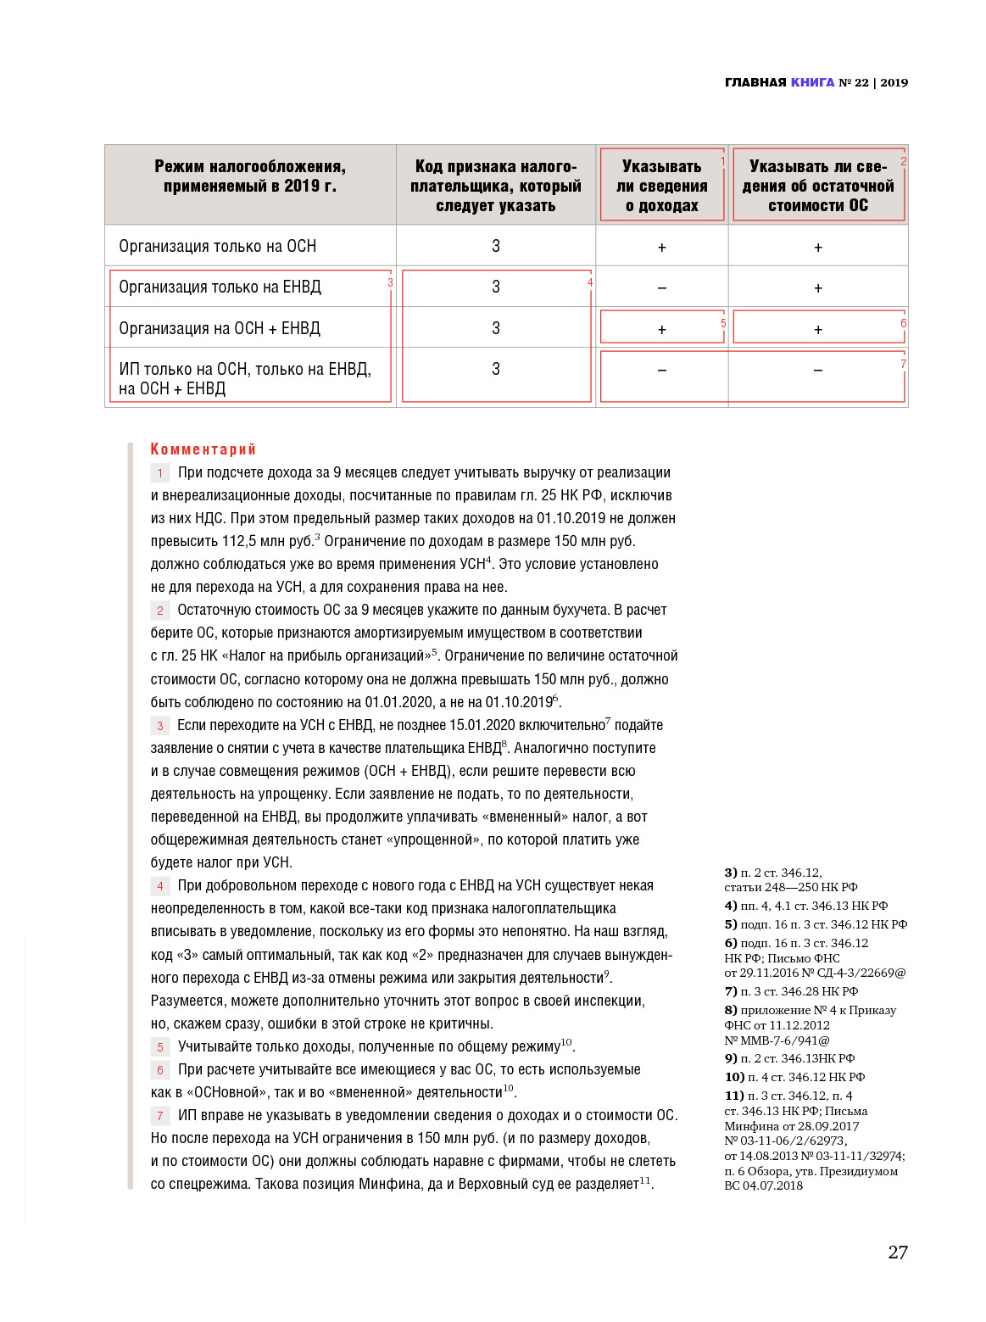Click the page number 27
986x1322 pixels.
click(897, 1252)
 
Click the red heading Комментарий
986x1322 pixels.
click(203, 449)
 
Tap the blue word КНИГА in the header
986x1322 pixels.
click(812, 82)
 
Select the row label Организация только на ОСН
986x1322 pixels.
click(217, 246)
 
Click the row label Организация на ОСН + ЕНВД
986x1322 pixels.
click(220, 328)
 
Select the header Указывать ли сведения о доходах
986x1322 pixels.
click(661, 186)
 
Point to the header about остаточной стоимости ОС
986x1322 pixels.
click(817, 186)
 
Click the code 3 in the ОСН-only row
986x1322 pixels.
click(496, 246)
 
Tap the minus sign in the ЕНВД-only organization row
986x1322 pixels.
click(661, 288)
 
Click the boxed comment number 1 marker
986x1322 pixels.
click(159, 473)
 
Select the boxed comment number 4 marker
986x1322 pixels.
click(159, 886)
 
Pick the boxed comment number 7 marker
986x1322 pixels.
click(159, 1116)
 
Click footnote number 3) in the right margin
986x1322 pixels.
click(730, 873)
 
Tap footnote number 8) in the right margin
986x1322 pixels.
click(730, 1010)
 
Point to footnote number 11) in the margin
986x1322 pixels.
click(733, 1096)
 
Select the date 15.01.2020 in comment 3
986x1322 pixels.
click(482, 725)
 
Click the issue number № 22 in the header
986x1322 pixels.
click(854, 82)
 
